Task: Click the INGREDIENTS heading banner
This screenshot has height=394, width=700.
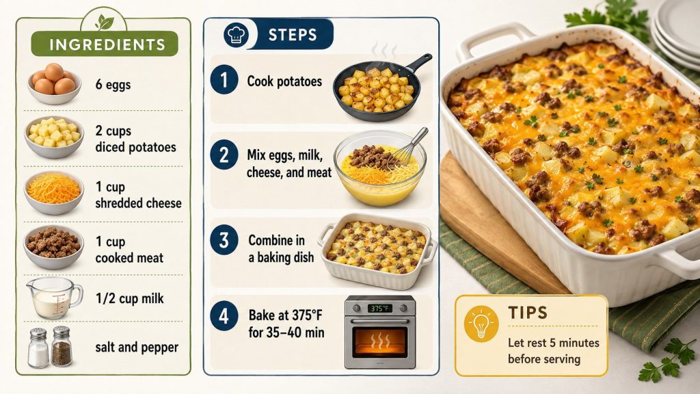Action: point(105,44)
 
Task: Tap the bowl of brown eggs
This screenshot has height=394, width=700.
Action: point(54,83)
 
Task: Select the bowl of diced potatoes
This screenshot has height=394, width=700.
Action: point(54,137)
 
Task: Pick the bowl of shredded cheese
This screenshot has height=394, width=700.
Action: point(54,193)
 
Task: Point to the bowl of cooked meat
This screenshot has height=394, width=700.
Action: point(53,247)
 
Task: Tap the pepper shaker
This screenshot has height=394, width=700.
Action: point(61,346)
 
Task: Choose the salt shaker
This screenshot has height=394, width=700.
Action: point(38,348)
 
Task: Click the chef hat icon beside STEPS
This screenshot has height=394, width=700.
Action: point(236,35)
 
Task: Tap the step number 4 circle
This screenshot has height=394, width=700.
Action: point(224,316)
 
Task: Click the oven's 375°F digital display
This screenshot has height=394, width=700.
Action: point(379,308)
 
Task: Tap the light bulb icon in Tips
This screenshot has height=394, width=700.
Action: point(481,324)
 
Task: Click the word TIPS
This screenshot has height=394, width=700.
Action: point(528,313)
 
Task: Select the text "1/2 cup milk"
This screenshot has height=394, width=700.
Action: point(129,298)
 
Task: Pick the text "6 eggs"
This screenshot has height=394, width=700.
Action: point(113,84)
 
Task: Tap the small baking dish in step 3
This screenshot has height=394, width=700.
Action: point(377,250)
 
